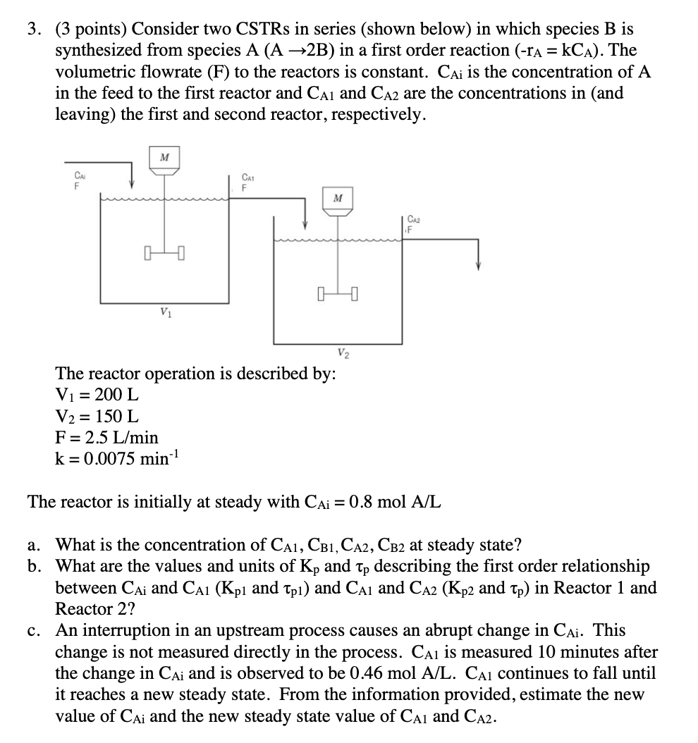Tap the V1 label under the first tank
tap(164, 311)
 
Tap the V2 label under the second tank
tap(342, 352)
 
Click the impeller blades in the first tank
tap(164, 251)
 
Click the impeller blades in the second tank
tap(338, 291)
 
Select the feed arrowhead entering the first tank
tap(133, 187)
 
